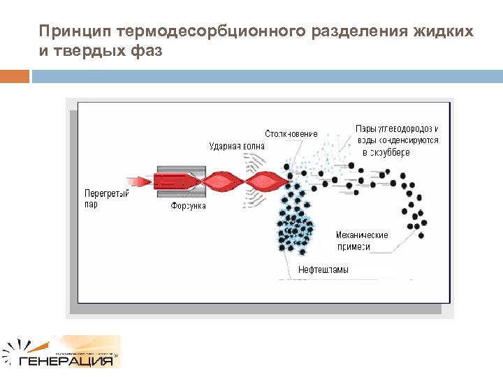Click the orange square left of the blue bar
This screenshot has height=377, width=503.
tap(15, 76)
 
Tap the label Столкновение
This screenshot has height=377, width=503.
tap(291, 133)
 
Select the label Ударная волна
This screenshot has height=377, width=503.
tap(238, 146)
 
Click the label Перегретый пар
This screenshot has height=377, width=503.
tap(105, 199)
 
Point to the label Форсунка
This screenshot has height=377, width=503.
tap(189, 207)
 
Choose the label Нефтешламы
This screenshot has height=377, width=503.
tap(323, 269)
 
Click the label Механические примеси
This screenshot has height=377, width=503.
tap(362, 241)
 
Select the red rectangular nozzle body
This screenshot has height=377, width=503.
tap(178, 182)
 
